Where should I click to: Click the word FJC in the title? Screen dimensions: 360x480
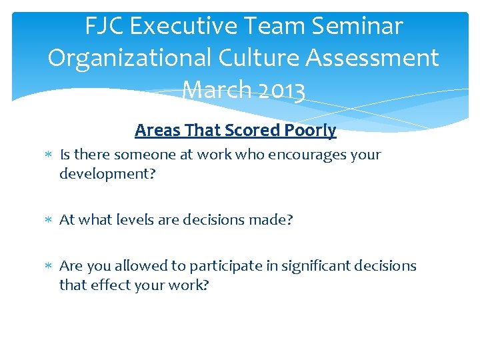(x=106, y=27)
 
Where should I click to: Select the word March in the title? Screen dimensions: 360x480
(x=209, y=90)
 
